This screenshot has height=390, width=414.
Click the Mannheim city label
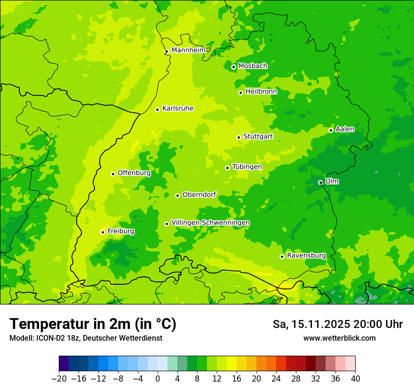click(x=188, y=50)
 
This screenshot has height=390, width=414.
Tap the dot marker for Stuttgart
click(x=239, y=137)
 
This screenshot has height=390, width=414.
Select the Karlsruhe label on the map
click(x=177, y=109)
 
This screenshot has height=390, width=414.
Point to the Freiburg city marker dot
click(x=103, y=232)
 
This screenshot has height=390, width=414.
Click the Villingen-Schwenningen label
click(x=210, y=223)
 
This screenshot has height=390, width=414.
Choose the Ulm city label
click(x=332, y=181)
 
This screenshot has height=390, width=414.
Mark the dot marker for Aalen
click(x=331, y=130)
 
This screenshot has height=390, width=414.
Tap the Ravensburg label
click(x=306, y=256)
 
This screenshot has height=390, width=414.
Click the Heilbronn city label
click(x=261, y=92)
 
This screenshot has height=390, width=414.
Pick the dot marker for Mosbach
click(x=233, y=67)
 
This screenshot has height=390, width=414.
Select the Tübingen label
click(x=247, y=167)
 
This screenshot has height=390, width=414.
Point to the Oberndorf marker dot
click(x=177, y=195)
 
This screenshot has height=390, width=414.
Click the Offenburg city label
click(x=134, y=173)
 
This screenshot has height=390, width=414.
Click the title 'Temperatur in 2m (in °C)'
click(x=93, y=324)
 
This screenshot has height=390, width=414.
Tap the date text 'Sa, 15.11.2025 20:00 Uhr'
click(x=337, y=324)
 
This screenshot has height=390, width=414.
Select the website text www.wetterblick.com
click(x=339, y=338)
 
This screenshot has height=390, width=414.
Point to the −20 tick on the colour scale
click(x=59, y=379)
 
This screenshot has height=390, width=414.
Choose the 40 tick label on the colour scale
click(x=355, y=379)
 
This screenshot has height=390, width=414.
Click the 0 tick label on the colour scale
click(x=158, y=379)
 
